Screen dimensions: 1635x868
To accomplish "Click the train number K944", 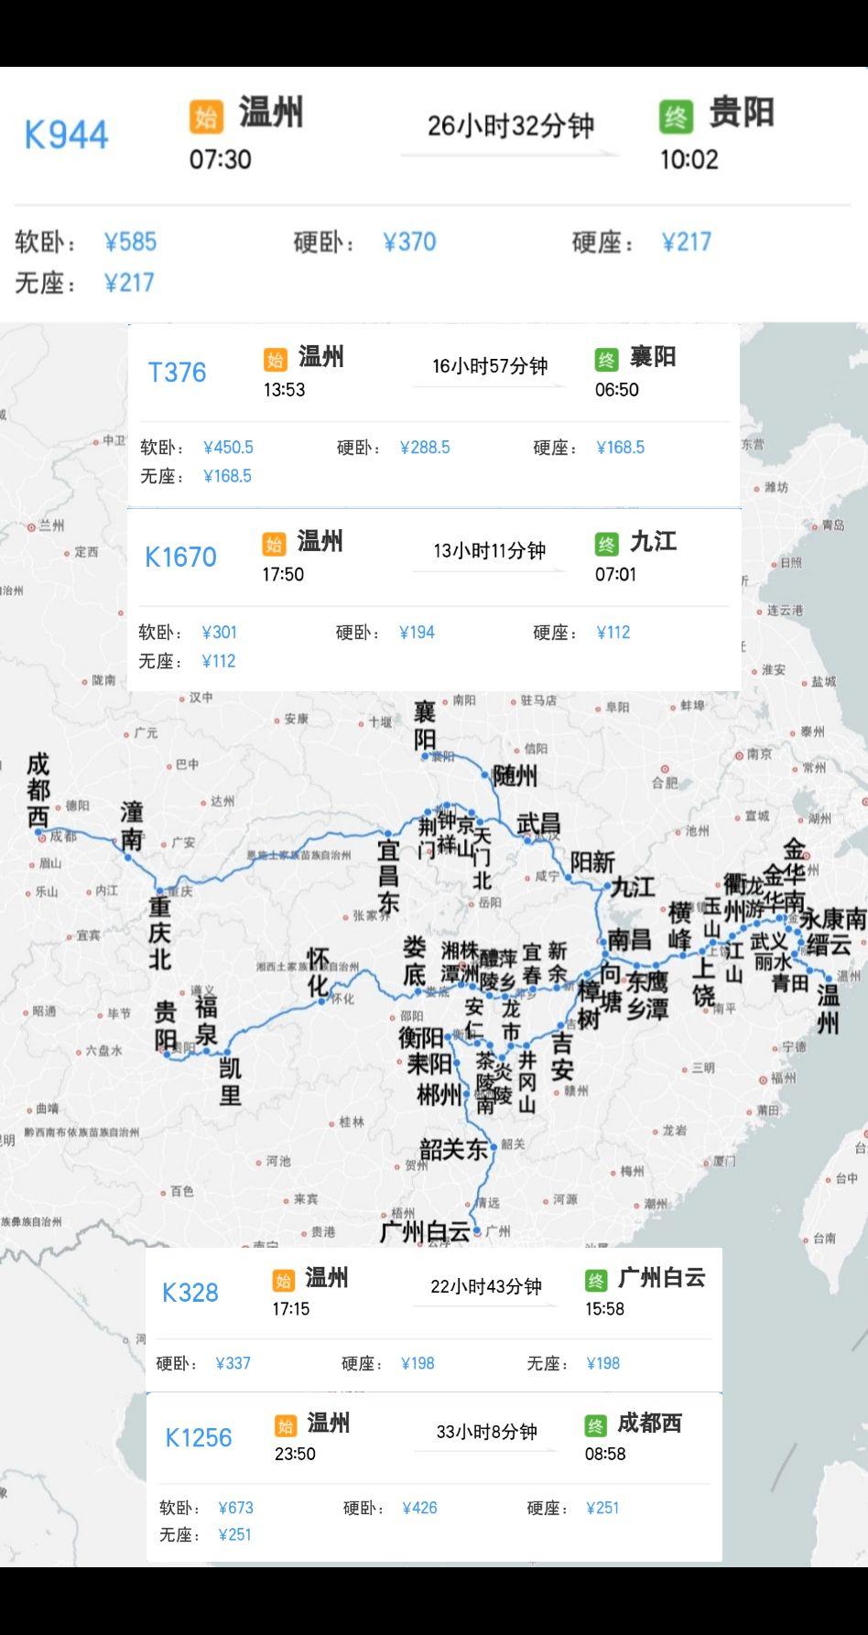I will point(66,135).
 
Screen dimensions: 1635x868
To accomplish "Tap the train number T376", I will point(177,373).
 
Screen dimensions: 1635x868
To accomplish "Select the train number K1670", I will point(180,557).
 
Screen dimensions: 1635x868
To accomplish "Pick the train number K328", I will point(190,1293).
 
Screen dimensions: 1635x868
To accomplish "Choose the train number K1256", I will point(198,1437).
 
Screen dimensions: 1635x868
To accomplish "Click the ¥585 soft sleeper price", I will point(130,242).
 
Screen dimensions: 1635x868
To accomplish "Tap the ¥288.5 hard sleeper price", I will point(425,448).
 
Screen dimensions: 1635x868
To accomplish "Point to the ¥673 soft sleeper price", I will point(235,1508).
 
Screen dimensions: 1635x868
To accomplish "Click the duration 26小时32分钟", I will point(510,125).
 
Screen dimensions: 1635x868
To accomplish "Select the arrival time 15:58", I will point(604,1309).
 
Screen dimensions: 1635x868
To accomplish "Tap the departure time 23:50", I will point(295,1454).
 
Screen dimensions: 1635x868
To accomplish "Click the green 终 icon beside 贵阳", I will point(675,116).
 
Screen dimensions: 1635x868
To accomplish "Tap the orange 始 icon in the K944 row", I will point(206,116).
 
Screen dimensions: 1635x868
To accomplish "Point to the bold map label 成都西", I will point(38,790).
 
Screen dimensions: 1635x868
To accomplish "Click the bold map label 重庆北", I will point(160,933).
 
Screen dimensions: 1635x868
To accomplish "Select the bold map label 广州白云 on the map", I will point(425,1231).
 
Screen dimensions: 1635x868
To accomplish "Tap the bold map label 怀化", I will point(318,972).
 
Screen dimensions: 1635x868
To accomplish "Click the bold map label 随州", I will point(515,776).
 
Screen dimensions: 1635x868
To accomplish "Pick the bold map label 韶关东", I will point(453,1149).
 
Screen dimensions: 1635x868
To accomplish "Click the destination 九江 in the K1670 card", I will point(653,541).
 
